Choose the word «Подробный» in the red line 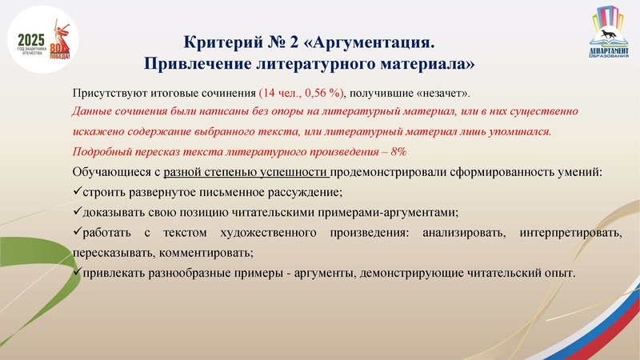coord(102,152)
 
